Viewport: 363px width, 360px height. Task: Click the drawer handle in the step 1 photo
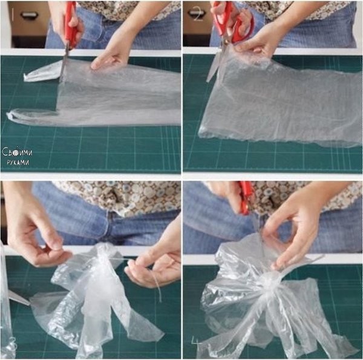tap(29, 15)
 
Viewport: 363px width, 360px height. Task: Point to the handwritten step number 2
tap(198, 14)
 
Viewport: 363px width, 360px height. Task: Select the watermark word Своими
tap(18, 152)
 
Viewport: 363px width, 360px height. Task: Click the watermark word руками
tap(18, 162)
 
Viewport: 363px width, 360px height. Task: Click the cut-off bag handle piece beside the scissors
tap(42, 72)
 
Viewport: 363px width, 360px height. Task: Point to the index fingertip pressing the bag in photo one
tap(94, 67)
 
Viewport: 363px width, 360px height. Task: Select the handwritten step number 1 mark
tap(12, 15)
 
